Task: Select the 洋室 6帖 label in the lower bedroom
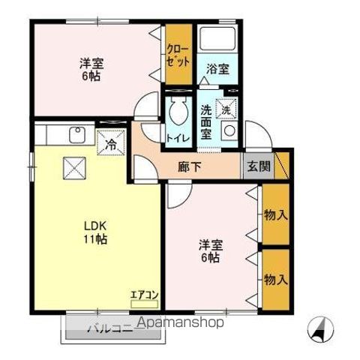click(209, 251)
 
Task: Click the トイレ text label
click(178, 138)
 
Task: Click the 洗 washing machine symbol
click(226, 108)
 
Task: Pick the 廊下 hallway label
click(189, 166)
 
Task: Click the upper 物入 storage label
click(274, 215)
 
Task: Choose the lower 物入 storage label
click(274, 279)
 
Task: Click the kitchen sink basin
click(76, 136)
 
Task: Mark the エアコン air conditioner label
click(144, 295)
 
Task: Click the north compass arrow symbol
click(322, 328)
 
